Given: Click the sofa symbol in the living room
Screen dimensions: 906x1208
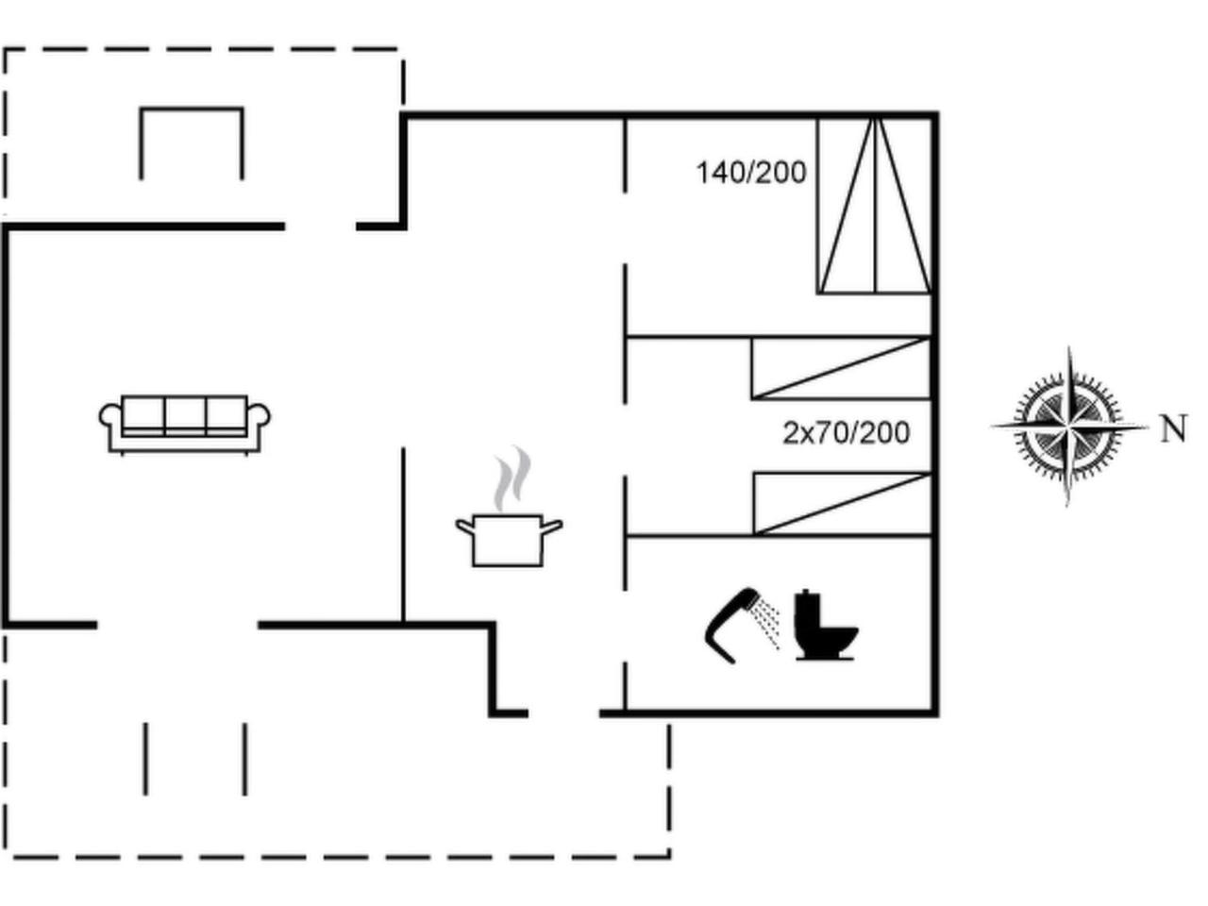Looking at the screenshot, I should pyautogui.click(x=185, y=424).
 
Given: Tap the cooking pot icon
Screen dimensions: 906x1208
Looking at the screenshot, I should pyautogui.click(x=508, y=541).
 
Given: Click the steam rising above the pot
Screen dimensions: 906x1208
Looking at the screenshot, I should pyautogui.click(x=512, y=479).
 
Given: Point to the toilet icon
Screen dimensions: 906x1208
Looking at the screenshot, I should pyautogui.click(x=824, y=628).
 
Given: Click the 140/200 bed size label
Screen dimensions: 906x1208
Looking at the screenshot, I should pyautogui.click(x=751, y=173).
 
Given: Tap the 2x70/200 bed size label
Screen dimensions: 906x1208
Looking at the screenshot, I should pyautogui.click(x=846, y=433).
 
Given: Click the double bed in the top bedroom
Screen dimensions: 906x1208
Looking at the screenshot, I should pyautogui.click(x=875, y=206).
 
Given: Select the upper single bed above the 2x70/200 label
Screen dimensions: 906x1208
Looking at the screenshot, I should pyautogui.click(x=841, y=368).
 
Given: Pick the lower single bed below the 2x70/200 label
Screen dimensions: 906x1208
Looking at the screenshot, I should pyautogui.click(x=842, y=504).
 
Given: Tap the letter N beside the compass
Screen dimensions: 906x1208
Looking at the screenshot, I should pyautogui.click(x=1172, y=429).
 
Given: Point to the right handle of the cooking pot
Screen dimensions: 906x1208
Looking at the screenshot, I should pyautogui.click(x=553, y=526).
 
